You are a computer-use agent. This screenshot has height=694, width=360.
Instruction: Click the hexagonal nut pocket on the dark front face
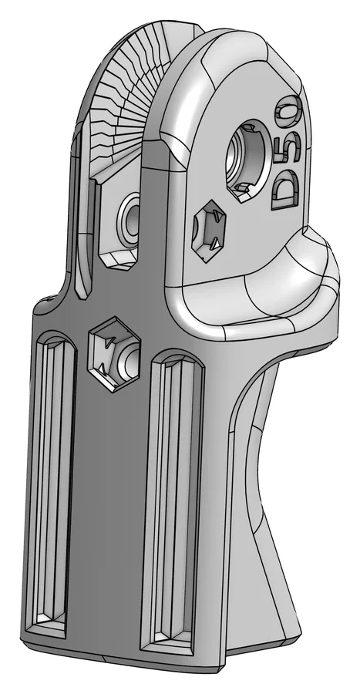115,354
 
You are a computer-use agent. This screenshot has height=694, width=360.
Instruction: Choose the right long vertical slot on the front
173,503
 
